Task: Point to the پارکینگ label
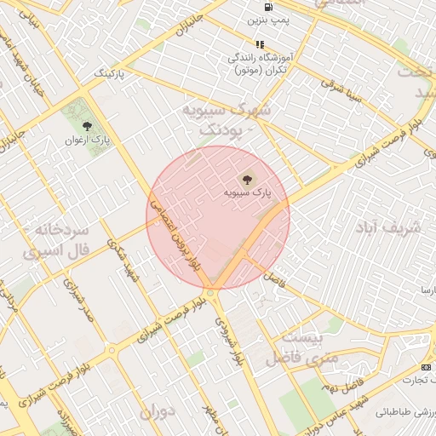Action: pos(109,75)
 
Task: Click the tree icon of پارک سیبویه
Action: pos(248,179)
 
